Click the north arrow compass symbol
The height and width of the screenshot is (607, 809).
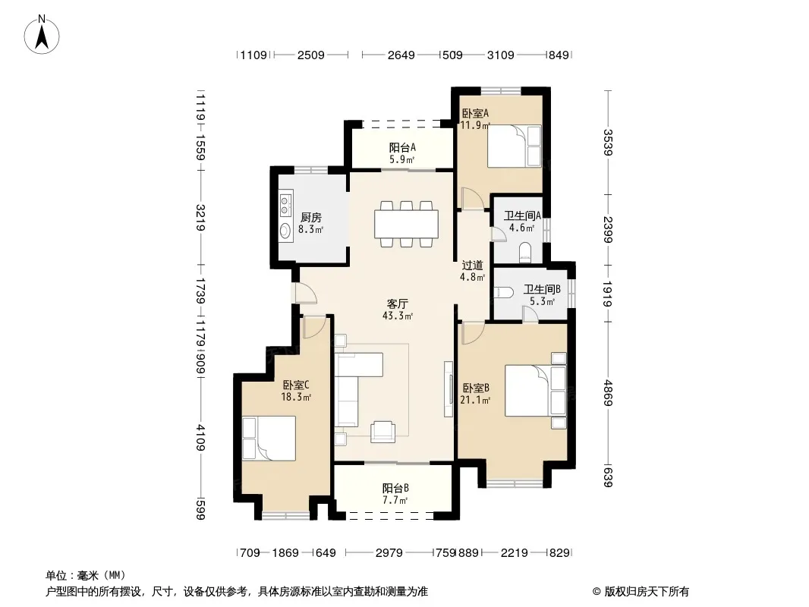tap(42, 34)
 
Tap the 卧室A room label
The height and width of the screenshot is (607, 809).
tap(474, 113)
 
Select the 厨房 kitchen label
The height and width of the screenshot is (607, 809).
tap(311, 218)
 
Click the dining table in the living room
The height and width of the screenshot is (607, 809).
tap(407, 224)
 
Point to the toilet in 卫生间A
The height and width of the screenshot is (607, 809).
tap(525, 252)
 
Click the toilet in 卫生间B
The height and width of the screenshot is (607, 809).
tap(504, 292)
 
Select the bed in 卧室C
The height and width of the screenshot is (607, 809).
tap(269, 439)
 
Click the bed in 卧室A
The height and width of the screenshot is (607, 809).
tap(514, 146)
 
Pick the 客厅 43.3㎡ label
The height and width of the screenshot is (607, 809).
tap(397, 310)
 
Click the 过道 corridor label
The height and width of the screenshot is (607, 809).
tap(472, 265)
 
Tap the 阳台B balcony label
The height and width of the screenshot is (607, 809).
tap(395, 488)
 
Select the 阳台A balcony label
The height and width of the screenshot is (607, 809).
tap(402, 147)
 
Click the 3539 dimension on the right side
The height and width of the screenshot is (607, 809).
tap(609, 143)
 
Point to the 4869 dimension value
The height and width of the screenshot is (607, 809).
tap(609, 392)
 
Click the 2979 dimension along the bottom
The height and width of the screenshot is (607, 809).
tap(389, 553)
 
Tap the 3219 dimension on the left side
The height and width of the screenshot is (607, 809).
tap(200, 218)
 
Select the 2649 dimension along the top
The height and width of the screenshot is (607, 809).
tap(401, 55)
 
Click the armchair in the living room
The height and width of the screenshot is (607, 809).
tap(382, 432)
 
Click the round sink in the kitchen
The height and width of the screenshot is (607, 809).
tap(285, 231)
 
